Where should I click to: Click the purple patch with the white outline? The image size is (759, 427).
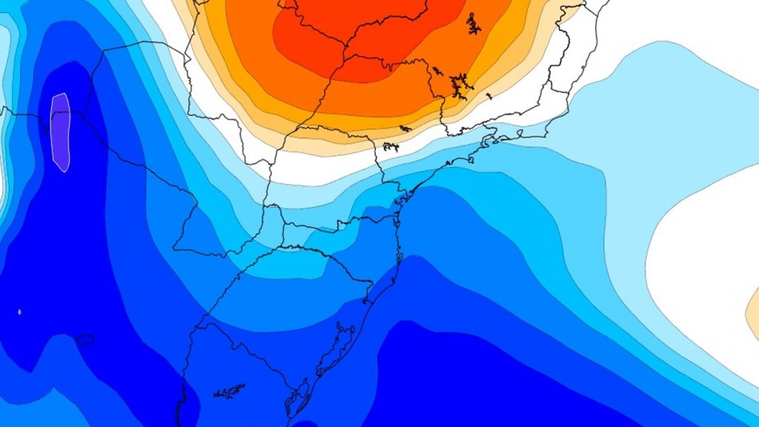pyautogui.click(x=60, y=132)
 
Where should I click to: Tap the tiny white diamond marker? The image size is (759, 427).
pyautogui.click(x=19, y=312)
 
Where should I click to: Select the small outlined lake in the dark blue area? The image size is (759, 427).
pyautogui.click(x=84, y=340)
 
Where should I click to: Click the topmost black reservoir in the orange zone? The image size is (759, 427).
pyautogui.click(x=472, y=24)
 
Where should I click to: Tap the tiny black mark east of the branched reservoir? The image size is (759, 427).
pyautogui.click(x=488, y=95)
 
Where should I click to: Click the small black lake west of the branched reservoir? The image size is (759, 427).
pyautogui.click(x=438, y=71)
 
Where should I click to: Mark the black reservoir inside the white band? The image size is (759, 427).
pyautogui.click(x=391, y=147)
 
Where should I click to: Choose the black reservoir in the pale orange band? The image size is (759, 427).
pyautogui.click(x=405, y=129)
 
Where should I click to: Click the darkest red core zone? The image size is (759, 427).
pyautogui.click(x=356, y=37)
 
